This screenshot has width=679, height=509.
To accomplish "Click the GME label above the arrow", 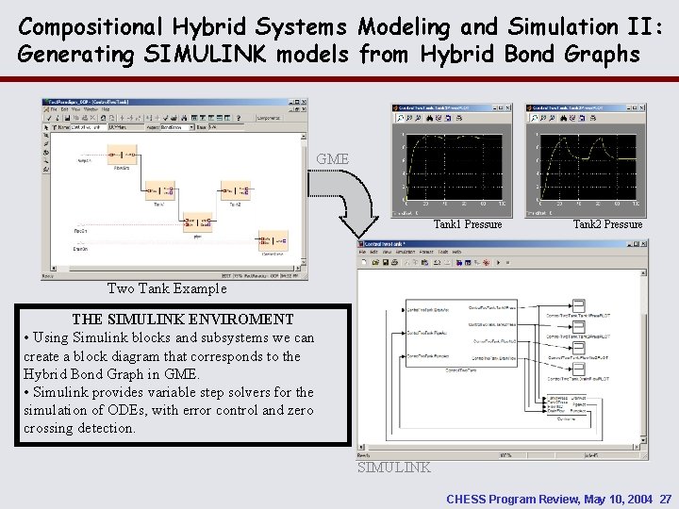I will [333, 159].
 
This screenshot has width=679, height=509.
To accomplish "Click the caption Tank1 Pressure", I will [467, 224].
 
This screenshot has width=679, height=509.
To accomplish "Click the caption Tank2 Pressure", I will [607, 224].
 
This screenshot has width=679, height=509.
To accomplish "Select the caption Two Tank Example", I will [167, 288].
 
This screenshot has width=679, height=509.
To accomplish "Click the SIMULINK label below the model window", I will [394, 468].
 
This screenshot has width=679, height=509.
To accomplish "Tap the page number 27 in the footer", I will [666, 498].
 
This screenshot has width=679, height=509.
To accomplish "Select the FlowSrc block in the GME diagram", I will [122, 154].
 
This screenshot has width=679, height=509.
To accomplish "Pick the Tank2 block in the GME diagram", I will [236, 189].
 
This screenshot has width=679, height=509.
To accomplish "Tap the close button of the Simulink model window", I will [643, 243].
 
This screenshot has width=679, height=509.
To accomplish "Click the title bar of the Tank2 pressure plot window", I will [590, 108].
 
